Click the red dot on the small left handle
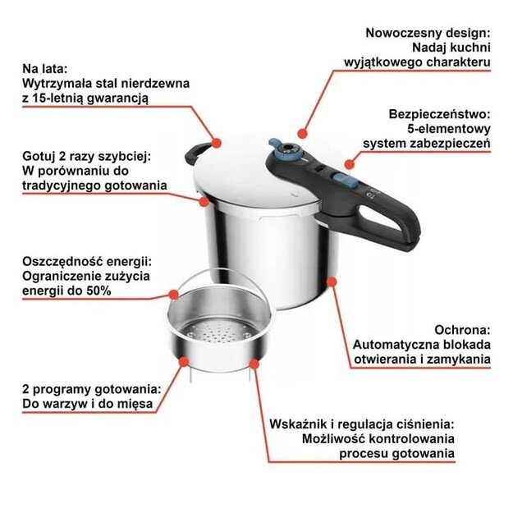[x=218, y=143]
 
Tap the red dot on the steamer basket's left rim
[x=173, y=294]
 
